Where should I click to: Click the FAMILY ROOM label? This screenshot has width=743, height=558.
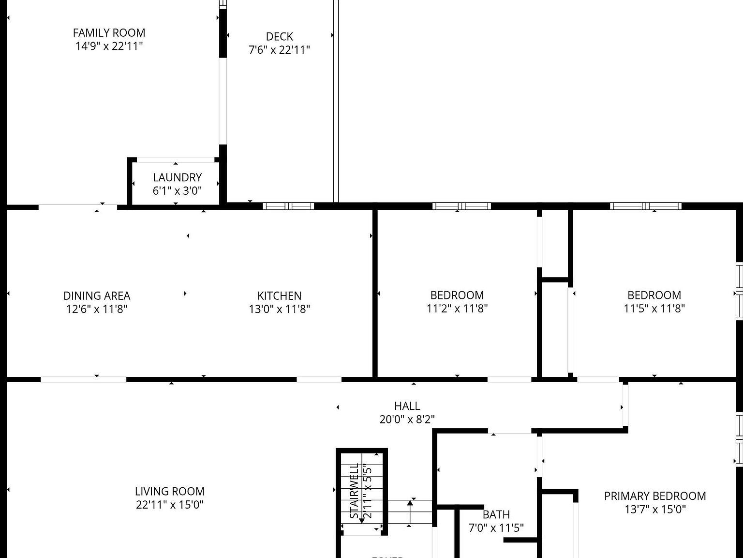coord(109,33)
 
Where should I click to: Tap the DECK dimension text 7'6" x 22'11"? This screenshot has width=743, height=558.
coord(279,50)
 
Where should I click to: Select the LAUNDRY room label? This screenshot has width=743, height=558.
coord(177,177)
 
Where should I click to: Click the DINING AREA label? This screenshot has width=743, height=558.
coord(97,295)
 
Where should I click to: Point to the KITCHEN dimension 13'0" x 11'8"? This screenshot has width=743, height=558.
coord(279,309)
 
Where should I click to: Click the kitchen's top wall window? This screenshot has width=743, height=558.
coord(288,206)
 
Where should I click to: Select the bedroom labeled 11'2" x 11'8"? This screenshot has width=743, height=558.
coord(457,295)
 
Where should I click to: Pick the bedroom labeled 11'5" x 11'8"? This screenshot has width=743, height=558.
coord(654,295)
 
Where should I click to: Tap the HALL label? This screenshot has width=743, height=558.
coord(407,406)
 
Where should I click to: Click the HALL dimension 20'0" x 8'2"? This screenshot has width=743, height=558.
coord(407,419)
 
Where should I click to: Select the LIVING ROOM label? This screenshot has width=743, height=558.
coord(169,491)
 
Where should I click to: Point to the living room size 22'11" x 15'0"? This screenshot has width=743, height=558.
coord(169,505)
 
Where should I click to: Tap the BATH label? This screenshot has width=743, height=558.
coord(496,514)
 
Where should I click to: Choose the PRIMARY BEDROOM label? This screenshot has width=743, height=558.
coord(654,496)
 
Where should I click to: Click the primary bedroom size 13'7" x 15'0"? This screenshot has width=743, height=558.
coord(654,510)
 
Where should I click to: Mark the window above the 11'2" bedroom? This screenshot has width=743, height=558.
coord(461,206)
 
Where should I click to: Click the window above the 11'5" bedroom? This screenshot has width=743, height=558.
coord(645,206)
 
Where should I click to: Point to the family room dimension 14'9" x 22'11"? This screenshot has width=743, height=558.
coord(109,46)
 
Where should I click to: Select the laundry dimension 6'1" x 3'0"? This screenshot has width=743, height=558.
coord(177,191)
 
